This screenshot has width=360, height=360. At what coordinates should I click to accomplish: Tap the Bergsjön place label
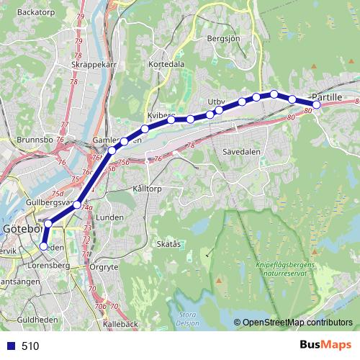(221, 37)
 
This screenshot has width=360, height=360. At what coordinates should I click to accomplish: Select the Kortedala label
(166, 64)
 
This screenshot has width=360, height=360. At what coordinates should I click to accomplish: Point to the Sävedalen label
(241, 152)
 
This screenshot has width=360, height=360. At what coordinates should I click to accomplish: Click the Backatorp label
(36, 12)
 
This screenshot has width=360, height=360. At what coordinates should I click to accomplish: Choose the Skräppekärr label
(94, 64)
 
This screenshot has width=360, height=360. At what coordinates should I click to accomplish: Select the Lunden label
(110, 216)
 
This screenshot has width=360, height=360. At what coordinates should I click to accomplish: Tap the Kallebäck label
(120, 325)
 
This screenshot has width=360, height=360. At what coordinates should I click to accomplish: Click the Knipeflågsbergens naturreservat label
(284, 269)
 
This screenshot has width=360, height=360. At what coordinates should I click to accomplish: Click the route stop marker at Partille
(316, 105)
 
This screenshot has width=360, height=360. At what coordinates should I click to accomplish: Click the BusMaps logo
(325, 345)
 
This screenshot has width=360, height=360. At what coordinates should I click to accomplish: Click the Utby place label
(216, 102)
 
